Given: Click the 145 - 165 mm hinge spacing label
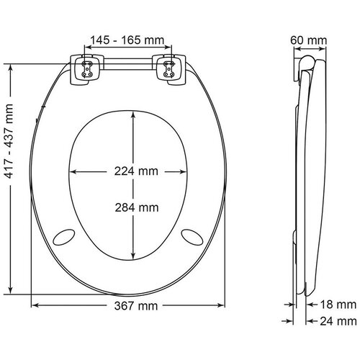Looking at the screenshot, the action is [x=127, y=40].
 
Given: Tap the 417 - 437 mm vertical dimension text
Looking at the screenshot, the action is [x=9, y=141].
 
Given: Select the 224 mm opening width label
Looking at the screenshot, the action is [x=136, y=171].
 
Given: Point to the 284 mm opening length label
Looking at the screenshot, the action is [x=137, y=207].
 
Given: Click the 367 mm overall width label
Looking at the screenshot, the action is [x=136, y=306].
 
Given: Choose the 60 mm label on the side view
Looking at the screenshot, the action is [x=308, y=40].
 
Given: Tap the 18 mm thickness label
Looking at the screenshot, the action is [x=338, y=305].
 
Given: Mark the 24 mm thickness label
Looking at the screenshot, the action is [x=338, y=321].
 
